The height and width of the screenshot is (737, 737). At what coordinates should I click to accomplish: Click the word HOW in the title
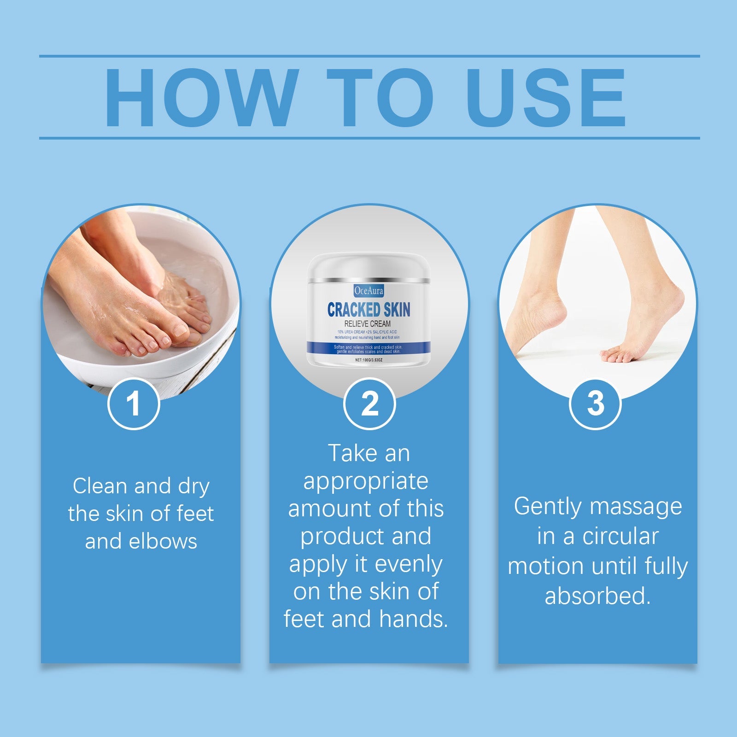199,98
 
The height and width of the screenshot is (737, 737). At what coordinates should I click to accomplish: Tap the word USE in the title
546,98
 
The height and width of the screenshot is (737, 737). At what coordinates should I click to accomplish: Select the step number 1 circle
134,404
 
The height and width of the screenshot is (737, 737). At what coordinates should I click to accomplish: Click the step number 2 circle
369,404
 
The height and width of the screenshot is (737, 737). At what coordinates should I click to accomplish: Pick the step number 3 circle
595,404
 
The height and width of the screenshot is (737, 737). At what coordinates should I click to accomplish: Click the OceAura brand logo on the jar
368,291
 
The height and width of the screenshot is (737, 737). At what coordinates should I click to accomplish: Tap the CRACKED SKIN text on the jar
368,310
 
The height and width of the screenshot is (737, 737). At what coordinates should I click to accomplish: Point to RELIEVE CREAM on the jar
368,324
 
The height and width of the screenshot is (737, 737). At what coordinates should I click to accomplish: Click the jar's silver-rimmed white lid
368,267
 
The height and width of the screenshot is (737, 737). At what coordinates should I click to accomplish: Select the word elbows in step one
163,541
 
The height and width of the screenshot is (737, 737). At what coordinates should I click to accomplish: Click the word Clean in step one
99,486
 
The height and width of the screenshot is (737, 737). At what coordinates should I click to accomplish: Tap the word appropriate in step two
366,482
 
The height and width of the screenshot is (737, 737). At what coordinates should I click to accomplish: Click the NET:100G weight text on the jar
368,359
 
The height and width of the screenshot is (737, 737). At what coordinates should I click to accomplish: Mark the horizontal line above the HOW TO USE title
368,56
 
